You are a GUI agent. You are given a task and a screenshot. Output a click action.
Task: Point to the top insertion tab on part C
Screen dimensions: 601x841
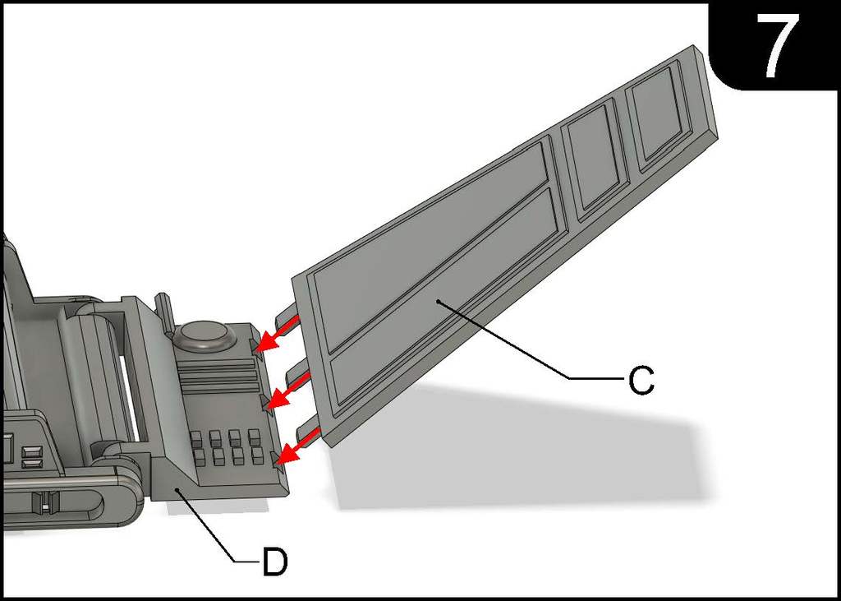point(287,317)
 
